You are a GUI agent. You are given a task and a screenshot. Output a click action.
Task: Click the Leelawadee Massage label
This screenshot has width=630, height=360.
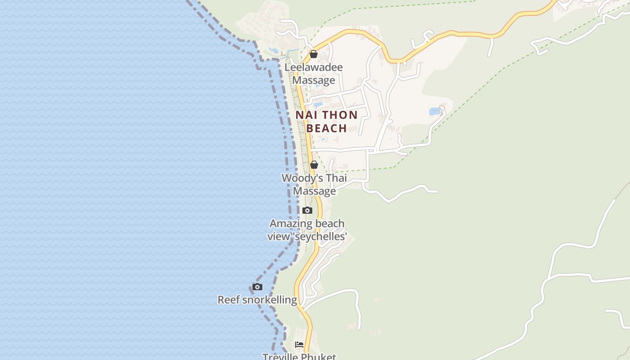314,74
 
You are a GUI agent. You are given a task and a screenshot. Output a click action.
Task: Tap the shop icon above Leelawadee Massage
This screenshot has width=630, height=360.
314,54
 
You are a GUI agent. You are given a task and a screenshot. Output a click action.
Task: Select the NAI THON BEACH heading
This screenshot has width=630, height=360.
327,121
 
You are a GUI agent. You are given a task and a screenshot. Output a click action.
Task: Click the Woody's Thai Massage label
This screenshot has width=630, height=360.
314,184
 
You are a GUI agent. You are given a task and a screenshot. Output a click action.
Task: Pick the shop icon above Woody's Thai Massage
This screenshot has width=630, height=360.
314,165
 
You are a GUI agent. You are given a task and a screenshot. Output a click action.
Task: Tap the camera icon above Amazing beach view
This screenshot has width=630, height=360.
307,210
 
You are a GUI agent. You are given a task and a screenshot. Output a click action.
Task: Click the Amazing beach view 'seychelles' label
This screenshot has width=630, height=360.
307,230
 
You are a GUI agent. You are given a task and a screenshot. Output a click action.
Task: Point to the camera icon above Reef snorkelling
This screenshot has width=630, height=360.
257,287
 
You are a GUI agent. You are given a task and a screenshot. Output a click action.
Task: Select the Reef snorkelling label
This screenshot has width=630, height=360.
257,300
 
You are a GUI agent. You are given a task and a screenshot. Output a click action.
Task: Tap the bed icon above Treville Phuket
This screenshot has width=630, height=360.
299,345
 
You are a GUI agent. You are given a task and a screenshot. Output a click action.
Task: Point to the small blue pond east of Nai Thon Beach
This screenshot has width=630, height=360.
435,111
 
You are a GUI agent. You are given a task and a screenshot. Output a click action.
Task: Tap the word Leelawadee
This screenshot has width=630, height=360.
314,67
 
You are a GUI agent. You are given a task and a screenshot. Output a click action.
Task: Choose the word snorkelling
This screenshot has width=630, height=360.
270,300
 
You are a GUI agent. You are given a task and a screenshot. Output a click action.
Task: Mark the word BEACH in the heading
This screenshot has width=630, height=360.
327,128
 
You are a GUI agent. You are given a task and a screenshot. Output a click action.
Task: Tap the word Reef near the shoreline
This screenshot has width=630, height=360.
229,300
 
